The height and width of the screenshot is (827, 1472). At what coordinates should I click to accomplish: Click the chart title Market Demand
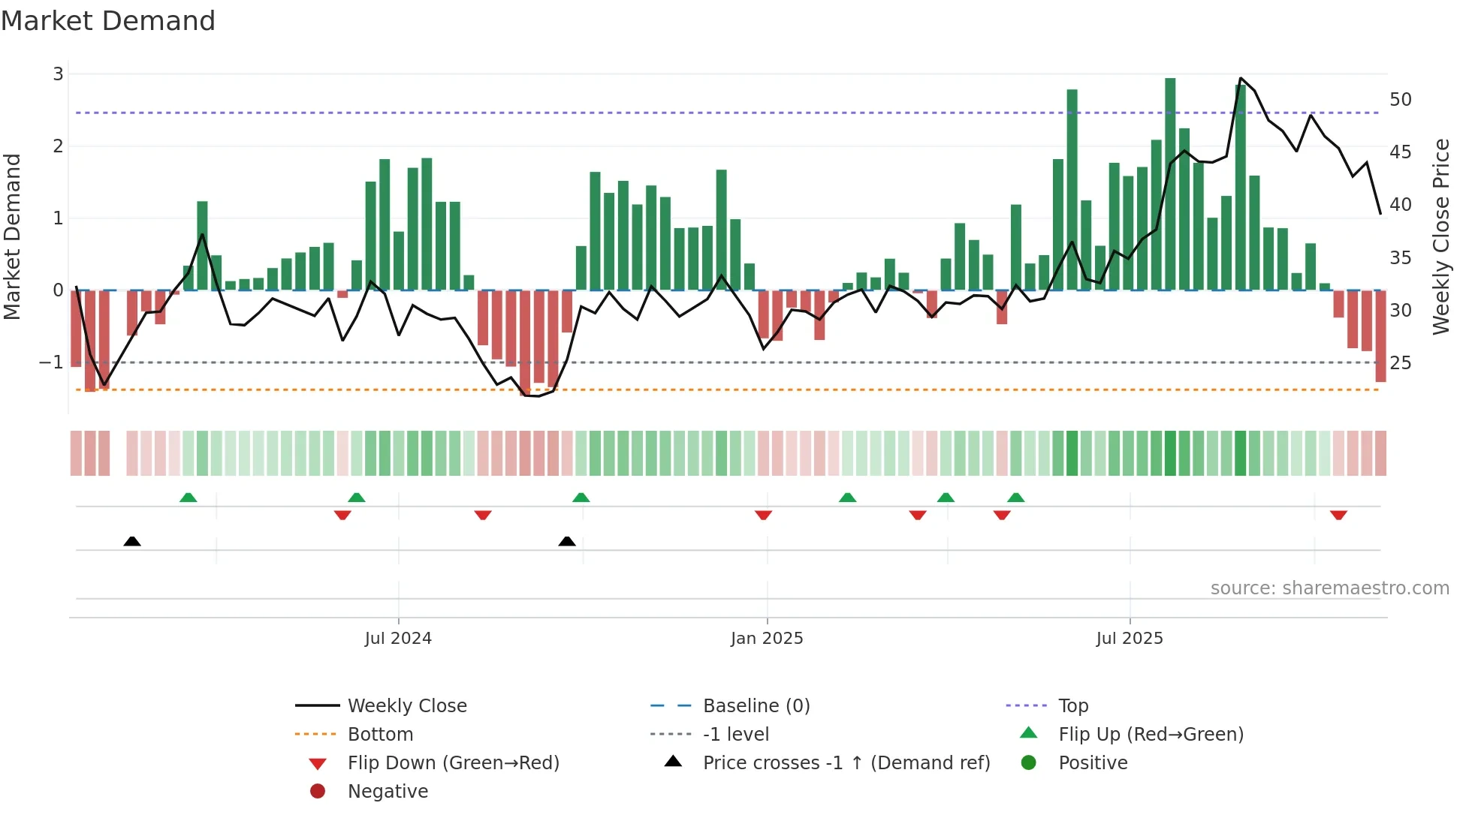click(x=108, y=21)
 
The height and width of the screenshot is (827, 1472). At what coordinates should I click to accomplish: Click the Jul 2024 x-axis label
click(x=398, y=639)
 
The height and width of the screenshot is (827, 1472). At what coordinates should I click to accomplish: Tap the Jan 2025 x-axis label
click(x=767, y=639)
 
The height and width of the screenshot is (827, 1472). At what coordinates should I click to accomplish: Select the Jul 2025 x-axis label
click(x=1130, y=639)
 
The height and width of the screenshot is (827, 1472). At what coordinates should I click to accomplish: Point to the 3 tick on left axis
click(x=58, y=74)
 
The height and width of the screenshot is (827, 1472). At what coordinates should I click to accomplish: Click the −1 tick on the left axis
click(x=51, y=362)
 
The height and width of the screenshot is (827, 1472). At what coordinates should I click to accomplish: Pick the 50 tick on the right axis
click(x=1401, y=99)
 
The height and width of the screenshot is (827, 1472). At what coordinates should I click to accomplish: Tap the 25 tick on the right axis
click(x=1401, y=363)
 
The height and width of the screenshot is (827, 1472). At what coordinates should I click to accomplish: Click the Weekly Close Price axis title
click(x=1441, y=237)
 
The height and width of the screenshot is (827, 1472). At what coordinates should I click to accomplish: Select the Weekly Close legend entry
click(x=407, y=706)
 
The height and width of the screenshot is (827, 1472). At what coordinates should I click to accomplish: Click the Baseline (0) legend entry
click(x=756, y=706)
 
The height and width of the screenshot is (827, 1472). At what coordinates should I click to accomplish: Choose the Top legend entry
click(x=1073, y=706)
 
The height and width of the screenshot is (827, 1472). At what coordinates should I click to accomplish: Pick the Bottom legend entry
click(x=380, y=735)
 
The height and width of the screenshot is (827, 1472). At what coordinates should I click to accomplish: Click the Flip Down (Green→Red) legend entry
click(x=453, y=763)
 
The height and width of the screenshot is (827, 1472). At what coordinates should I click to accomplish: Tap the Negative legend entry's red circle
click(x=318, y=792)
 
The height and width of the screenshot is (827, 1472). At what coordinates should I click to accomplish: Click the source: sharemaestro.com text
click(x=1329, y=588)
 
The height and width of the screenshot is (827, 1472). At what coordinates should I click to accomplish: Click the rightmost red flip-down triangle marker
click(x=1338, y=515)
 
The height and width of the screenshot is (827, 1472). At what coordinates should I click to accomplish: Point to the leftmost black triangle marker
click(x=132, y=541)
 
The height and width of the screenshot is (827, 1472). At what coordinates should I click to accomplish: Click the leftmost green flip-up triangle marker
click(x=189, y=498)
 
